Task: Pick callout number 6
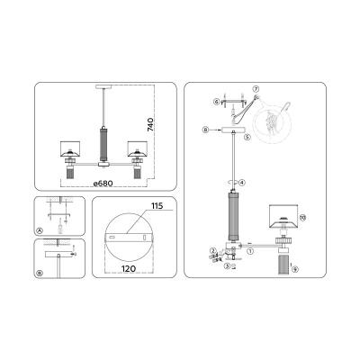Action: coord(217,103)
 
